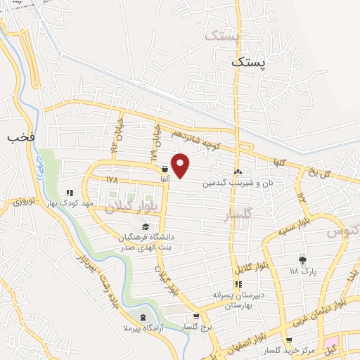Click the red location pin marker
(181, 165)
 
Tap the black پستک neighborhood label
(250, 63)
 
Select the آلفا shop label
(165, 180)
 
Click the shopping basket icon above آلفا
(165, 169)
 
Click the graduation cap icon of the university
(145, 226)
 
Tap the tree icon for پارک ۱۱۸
(303, 259)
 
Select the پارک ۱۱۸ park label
(303, 271)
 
